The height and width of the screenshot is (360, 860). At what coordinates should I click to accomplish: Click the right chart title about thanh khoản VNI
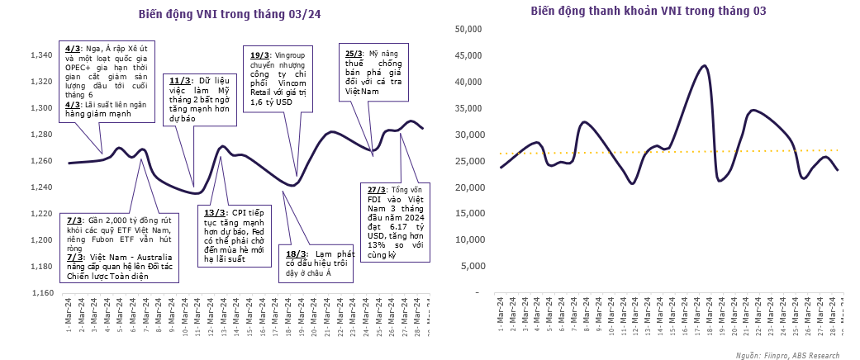[x=649, y=11]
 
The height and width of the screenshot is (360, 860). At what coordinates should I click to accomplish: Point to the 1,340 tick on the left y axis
[x=40, y=55]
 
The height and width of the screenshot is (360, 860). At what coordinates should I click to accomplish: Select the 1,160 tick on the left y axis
[x=40, y=293]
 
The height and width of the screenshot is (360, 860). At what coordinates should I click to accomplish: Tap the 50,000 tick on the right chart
[x=468, y=29]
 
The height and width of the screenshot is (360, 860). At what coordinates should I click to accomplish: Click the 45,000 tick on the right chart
[x=468, y=56]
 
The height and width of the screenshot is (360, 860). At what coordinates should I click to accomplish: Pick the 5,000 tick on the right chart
[x=470, y=267]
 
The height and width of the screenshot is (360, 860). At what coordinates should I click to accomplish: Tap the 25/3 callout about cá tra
[x=374, y=71]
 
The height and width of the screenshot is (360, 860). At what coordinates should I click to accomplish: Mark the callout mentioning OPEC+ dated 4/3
[x=108, y=80]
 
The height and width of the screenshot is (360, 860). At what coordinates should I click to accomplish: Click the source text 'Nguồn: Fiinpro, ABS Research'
[x=786, y=355]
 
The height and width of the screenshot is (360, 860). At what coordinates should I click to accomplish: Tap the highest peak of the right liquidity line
[x=704, y=65]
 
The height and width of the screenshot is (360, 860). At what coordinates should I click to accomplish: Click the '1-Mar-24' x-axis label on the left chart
[x=69, y=314]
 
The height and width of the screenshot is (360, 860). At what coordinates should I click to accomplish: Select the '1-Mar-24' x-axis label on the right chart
[x=501, y=314]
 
